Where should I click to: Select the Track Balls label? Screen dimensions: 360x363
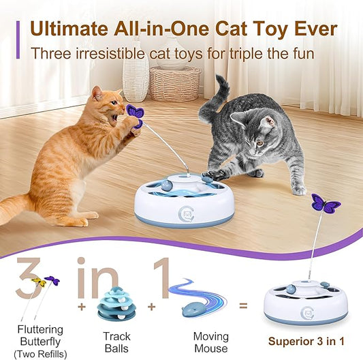pos(116,342)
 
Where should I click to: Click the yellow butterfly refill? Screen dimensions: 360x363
pos(40,282)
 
